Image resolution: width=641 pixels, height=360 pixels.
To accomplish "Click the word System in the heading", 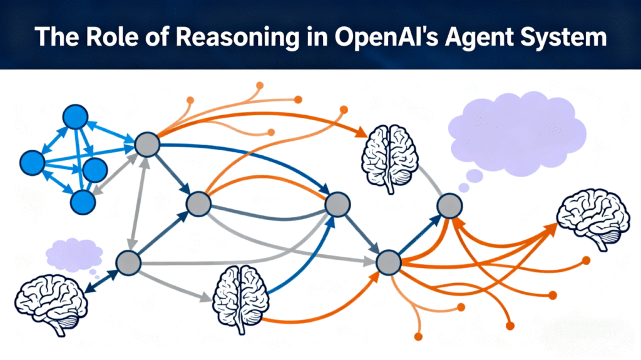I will coord(565,37).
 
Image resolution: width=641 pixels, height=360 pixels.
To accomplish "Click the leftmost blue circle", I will coord(32,163).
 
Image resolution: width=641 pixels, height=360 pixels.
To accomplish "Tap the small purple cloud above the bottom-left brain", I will coord(74,254).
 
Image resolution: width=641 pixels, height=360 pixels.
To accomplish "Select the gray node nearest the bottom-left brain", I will coord(128,262).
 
